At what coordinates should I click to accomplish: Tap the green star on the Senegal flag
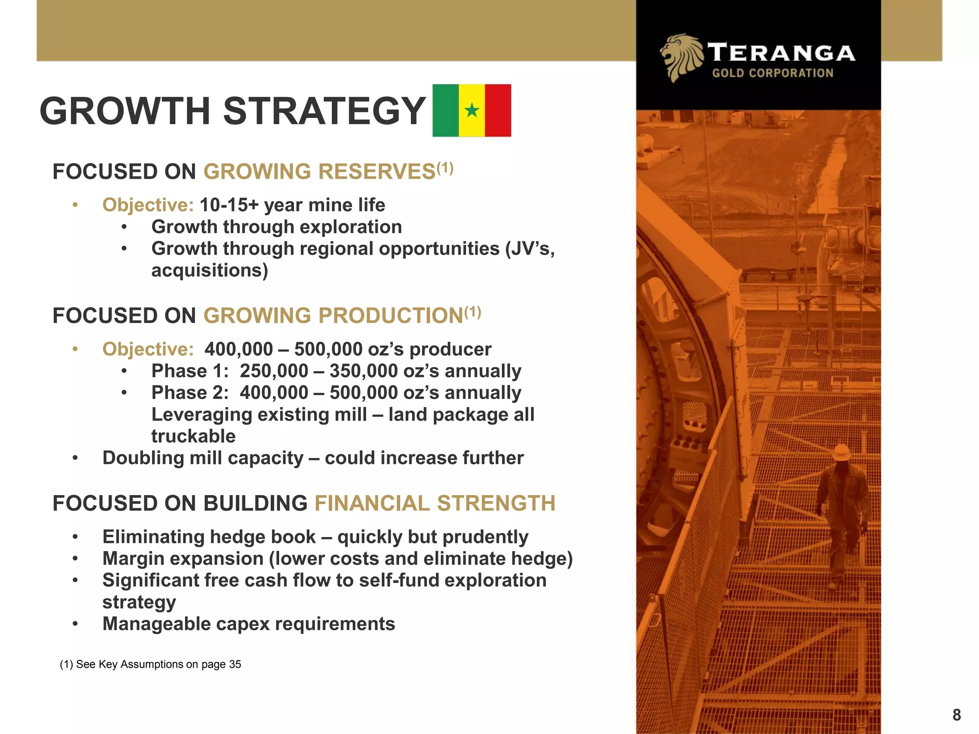click(472, 110)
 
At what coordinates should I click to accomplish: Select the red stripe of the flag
click(498, 110)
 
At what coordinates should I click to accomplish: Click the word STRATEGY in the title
click(324, 111)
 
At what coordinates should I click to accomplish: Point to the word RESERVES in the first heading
click(378, 172)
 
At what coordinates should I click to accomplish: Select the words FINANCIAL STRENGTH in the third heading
click(435, 504)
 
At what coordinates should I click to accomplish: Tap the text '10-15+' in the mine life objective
click(228, 205)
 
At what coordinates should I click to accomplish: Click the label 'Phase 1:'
click(190, 371)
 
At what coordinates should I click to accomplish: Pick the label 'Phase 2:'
click(190, 393)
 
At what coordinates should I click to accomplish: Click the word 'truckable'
click(193, 436)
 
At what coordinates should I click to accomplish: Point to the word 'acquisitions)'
click(209, 270)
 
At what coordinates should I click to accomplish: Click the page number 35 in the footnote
click(235, 664)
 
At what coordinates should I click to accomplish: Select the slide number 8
click(956, 715)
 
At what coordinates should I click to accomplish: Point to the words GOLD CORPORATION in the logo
click(772, 73)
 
